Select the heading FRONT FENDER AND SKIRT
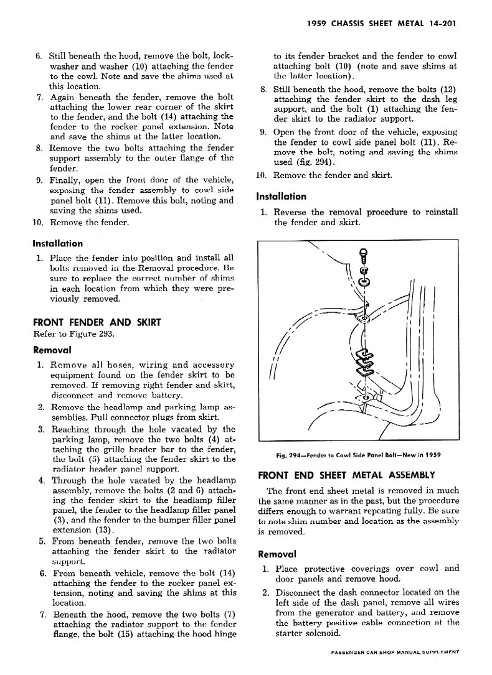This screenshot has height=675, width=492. (97, 322)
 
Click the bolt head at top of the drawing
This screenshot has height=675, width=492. (364, 254)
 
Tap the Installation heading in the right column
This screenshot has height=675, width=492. (281, 197)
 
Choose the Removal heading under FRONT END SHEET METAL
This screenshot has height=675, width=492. (277, 554)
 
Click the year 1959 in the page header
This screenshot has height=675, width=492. (320, 26)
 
